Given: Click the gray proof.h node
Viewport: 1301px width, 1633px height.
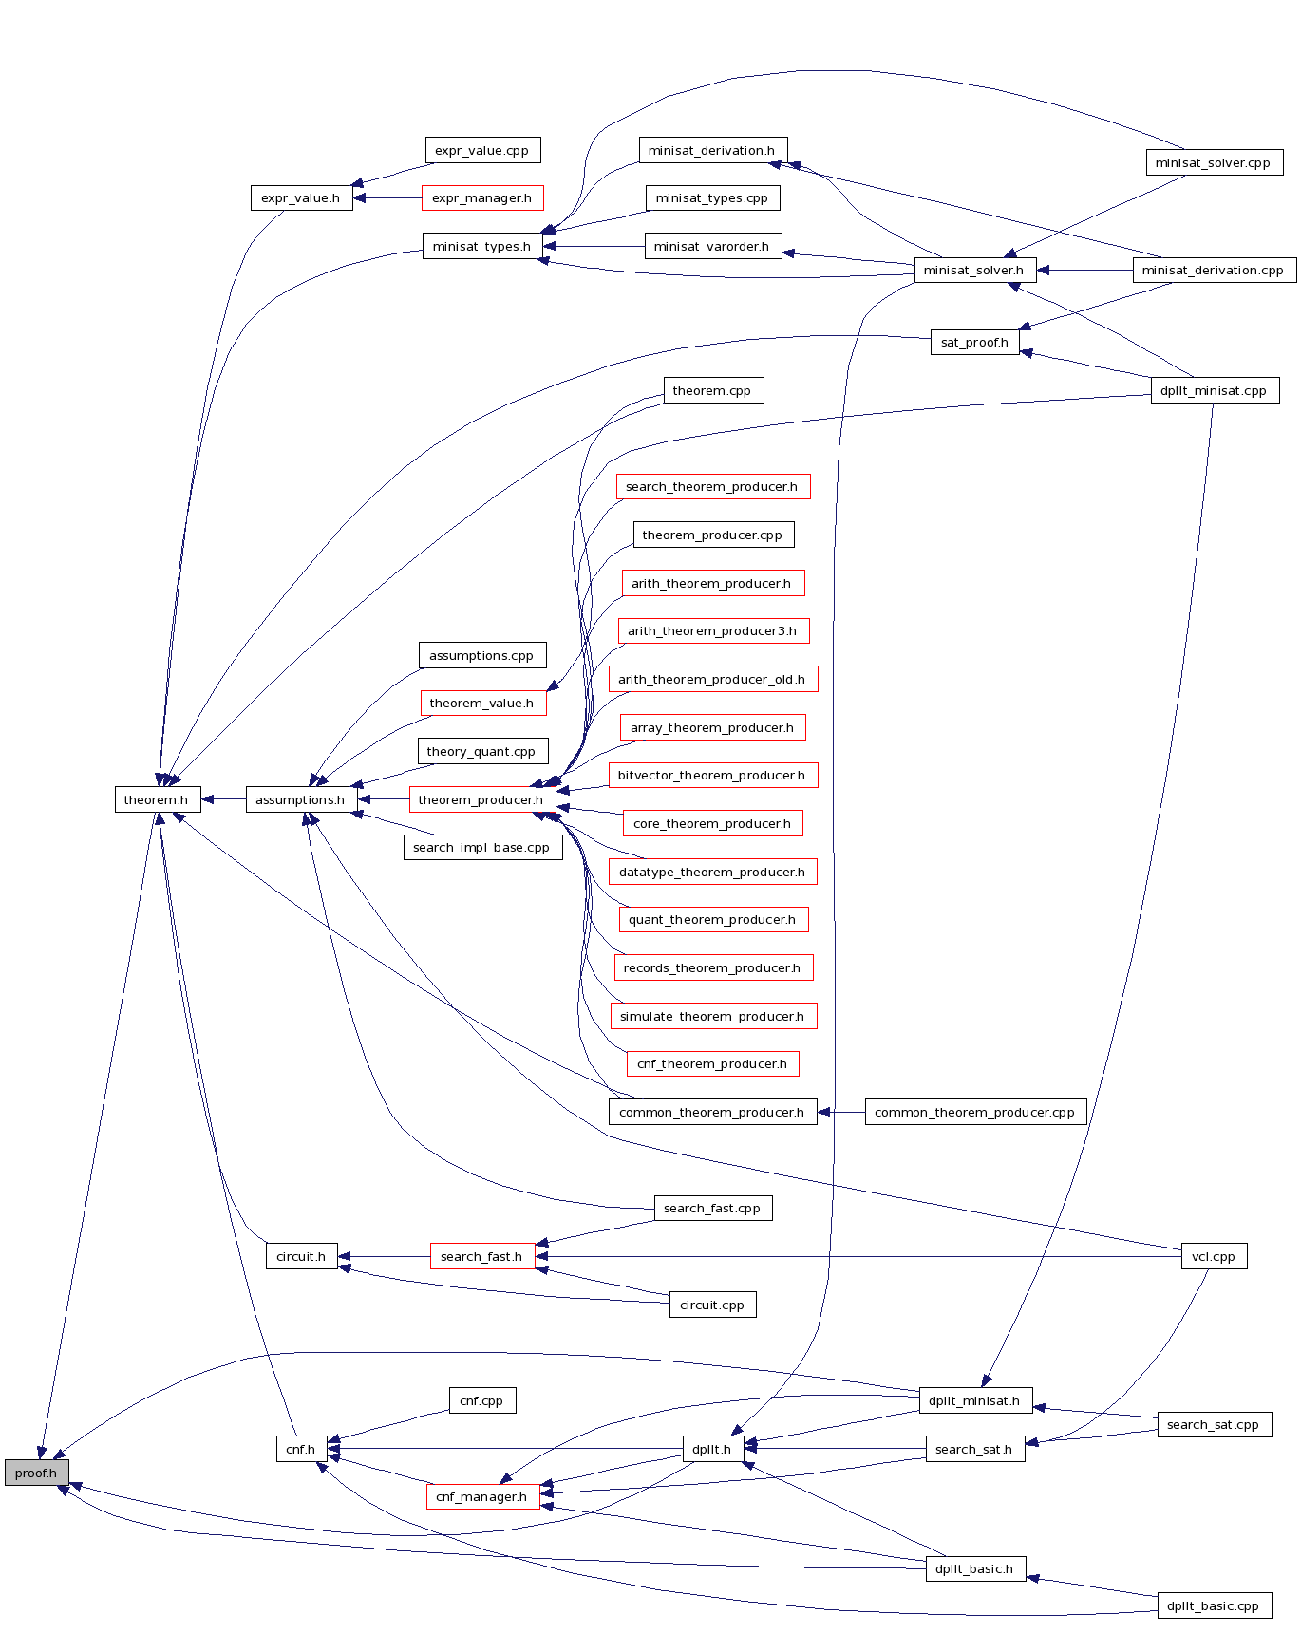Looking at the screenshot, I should pyautogui.click(x=36, y=1473).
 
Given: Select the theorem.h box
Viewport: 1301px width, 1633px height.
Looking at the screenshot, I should pyautogui.click(x=157, y=799).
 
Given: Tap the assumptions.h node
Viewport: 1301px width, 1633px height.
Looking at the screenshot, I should pyautogui.click(x=300, y=799).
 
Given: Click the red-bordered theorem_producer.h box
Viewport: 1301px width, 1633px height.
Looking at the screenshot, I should pyautogui.click(x=481, y=799).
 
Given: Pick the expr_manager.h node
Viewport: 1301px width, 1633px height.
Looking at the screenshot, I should pyautogui.click(x=482, y=198).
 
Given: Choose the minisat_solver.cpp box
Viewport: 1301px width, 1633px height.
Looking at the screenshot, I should pyautogui.click(x=1213, y=162).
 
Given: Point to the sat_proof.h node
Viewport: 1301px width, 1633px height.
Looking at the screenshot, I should pyautogui.click(x=974, y=342).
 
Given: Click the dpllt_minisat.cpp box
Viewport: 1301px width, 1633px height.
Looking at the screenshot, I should pyautogui.click(x=1214, y=390).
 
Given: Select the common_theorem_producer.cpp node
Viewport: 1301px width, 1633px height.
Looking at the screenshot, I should pyautogui.click(x=975, y=1112).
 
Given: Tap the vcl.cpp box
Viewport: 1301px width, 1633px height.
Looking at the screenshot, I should pyautogui.click(x=1214, y=1256).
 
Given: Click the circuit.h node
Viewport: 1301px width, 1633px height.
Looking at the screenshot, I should pyautogui.click(x=301, y=1256).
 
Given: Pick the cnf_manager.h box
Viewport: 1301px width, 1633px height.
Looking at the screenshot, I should pyautogui.click(x=482, y=1496).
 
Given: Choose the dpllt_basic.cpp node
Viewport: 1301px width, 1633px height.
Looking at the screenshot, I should pyautogui.click(x=1214, y=1605).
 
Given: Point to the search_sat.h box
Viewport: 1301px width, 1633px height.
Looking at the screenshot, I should pyautogui.click(x=974, y=1449).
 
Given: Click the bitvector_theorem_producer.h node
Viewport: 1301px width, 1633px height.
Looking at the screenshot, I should pyautogui.click(x=712, y=776).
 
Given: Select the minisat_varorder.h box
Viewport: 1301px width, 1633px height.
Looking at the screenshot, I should pyautogui.click(x=712, y=246).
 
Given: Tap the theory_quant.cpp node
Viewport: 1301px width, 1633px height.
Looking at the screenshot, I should pyautogui.click(x=482, y=751).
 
